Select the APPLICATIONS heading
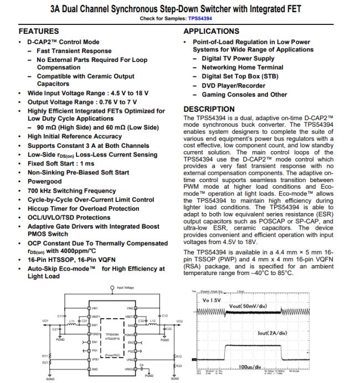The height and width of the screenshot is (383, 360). point(212,32)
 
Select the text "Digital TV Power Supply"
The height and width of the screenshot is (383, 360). point(238,59)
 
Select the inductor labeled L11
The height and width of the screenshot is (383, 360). point(71,322)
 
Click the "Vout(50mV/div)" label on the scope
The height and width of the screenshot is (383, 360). point(249,306)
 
